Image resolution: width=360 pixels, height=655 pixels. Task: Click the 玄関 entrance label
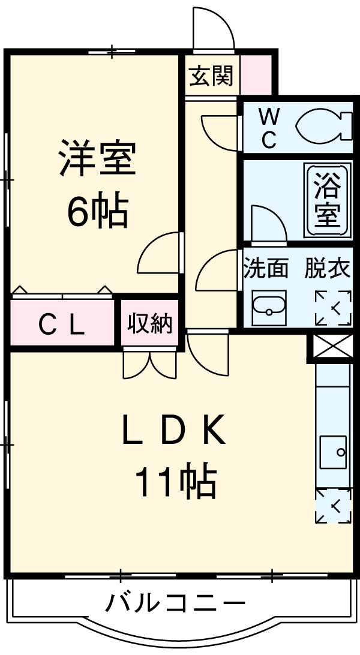[211, 77]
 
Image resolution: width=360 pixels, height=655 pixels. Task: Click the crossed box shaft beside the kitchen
[331, 347]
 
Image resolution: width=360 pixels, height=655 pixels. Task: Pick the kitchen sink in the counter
[333, 452]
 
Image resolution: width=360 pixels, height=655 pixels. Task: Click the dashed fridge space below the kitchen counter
[333, 506]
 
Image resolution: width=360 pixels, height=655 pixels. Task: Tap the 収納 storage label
[150, 324]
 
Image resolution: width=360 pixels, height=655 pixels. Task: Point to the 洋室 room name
[97, 158]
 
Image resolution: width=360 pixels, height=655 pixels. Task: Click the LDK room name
[174, 429]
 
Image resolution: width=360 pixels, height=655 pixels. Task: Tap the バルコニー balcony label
[176, 602]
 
